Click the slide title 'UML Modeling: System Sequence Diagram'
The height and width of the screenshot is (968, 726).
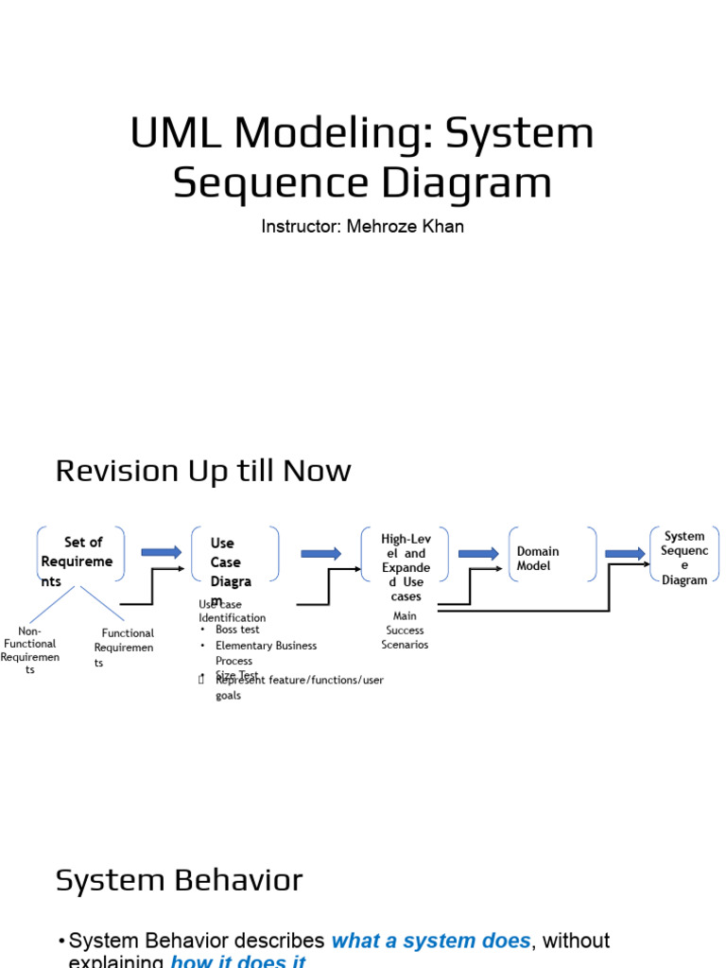pos(362,157)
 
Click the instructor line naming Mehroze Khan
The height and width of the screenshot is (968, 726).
pos(362,227)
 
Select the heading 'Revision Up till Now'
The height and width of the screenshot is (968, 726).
pos(203,470)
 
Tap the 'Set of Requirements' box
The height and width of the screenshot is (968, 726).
pos(80,561)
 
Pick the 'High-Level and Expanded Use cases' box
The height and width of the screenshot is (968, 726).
pos(406,566)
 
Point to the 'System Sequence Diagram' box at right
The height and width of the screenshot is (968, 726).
pos(684,558)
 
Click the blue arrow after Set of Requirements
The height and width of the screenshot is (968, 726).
pos(161,552)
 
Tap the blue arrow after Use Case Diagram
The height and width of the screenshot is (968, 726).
pos(321,553)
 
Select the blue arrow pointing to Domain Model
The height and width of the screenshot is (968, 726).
pos(478,553)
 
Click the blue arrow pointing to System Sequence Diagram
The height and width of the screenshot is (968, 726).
pos(625,553)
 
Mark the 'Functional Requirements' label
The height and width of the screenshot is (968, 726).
pos(125,648)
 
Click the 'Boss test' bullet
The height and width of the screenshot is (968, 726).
pos(237,630)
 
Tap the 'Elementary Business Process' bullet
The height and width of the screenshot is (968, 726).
pos(266,652)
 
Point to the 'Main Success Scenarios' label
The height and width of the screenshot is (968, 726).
pos(405,631)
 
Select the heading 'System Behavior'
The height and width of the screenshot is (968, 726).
pos(179,880)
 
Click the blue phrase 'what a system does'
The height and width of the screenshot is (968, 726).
pos(431,941)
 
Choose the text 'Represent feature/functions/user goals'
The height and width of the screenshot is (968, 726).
pos(299,687)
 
